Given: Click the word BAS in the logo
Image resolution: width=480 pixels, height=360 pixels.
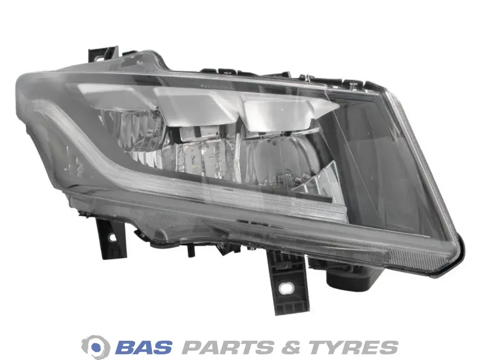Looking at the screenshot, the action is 143,347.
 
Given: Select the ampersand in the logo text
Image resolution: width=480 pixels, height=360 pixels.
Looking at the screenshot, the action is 290,347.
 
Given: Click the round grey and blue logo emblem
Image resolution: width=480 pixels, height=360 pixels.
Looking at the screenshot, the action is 96,347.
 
